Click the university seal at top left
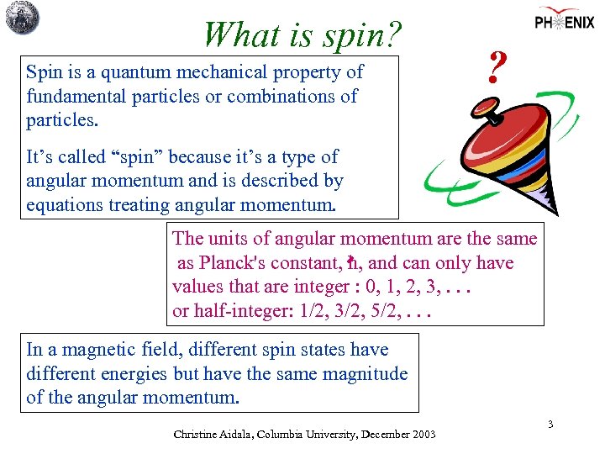click(x=23, y=18)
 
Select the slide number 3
click(x=550, y=425)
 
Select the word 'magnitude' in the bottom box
click(x=367, y=374)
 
